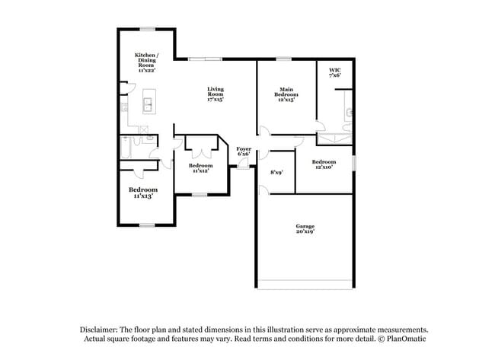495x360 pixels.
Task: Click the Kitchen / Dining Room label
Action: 145,62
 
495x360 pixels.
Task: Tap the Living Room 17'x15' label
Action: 216,94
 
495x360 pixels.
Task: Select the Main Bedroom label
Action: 286,94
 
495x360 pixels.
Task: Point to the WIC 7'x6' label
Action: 334,72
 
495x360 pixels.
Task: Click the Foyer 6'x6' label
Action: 244,151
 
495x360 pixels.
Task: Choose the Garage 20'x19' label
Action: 305,228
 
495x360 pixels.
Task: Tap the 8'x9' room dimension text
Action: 276,173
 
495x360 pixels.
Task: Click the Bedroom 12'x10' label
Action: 324,164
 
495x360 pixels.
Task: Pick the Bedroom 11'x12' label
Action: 200,168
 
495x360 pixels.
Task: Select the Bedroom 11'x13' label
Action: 142,193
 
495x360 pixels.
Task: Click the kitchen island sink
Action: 149,103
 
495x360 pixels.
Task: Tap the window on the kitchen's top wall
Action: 147,29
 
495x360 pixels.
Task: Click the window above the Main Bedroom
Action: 283,59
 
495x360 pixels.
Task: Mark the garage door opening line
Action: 305,288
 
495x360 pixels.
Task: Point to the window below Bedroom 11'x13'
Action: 146,225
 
